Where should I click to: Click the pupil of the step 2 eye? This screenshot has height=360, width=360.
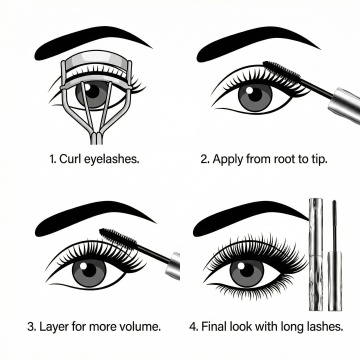255,94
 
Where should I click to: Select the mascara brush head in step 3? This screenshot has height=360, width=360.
118,237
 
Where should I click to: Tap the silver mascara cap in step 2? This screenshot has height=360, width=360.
345,105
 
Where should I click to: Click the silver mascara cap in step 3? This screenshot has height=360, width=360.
173,265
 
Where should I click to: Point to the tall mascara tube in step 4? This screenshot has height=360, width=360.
315,254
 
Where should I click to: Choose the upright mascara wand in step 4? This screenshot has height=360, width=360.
334,255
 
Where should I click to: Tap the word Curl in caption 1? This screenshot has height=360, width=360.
67,159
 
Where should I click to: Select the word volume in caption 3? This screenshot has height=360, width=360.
141,326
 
